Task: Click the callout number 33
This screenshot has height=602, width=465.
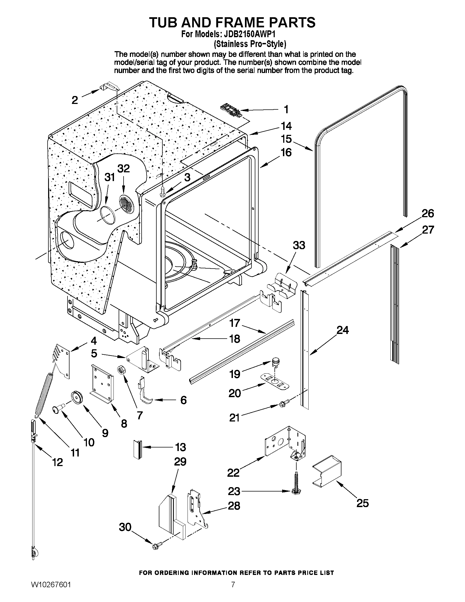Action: point(299,245)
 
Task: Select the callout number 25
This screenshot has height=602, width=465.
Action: point(362,503)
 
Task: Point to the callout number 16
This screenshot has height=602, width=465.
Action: point(286,152)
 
